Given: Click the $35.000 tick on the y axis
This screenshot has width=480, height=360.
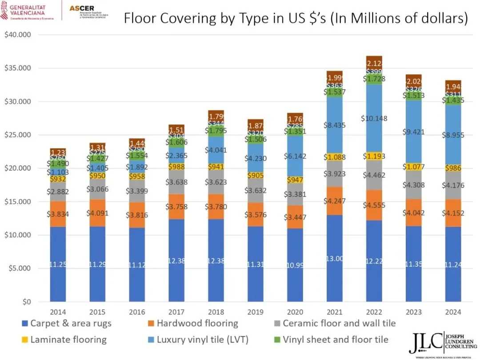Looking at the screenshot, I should [x=18, y=68].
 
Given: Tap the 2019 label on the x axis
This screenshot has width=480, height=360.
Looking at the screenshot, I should [x=255, y=312].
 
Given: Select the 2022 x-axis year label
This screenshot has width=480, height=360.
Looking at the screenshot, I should [x=374, y=312].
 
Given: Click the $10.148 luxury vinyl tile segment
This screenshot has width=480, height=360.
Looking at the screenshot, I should [x=374, y=118].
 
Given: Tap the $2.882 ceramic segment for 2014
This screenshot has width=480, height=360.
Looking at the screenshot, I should [x=58, y=192].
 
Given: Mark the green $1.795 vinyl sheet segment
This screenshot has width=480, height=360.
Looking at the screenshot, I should [x=216, y=131].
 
